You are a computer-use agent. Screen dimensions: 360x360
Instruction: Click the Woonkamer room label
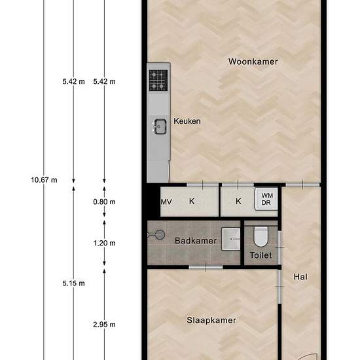point(253,62)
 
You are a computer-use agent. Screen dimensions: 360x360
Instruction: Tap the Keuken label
point(187,121)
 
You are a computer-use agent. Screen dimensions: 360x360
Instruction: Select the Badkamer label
point(196,241)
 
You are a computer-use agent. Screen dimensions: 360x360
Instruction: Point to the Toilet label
point(261,255)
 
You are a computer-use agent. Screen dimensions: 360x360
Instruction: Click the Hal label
point(300,277)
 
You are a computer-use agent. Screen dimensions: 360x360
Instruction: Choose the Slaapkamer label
point(211,320)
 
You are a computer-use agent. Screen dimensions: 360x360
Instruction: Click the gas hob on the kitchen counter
point(158,81)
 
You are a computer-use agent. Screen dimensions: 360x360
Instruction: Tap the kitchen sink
point(160,126)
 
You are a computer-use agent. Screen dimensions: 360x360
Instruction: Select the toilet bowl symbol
point(261,236)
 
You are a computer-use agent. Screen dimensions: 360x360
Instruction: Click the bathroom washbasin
point(231,239)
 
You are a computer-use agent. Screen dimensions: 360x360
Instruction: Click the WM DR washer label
point(267,199)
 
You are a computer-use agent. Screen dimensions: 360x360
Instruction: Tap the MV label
point(166,202)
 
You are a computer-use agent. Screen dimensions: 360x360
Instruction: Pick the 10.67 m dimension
point(44,180)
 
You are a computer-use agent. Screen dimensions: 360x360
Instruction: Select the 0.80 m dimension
point(104,202)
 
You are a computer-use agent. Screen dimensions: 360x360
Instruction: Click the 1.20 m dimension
point(104,243)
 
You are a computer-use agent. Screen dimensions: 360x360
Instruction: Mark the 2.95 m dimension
point(104,325)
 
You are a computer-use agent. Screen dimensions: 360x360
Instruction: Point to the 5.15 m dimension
point(73,283)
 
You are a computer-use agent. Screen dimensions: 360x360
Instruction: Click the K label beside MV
point(192,202)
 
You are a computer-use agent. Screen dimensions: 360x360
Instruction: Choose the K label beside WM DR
point(238,202)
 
